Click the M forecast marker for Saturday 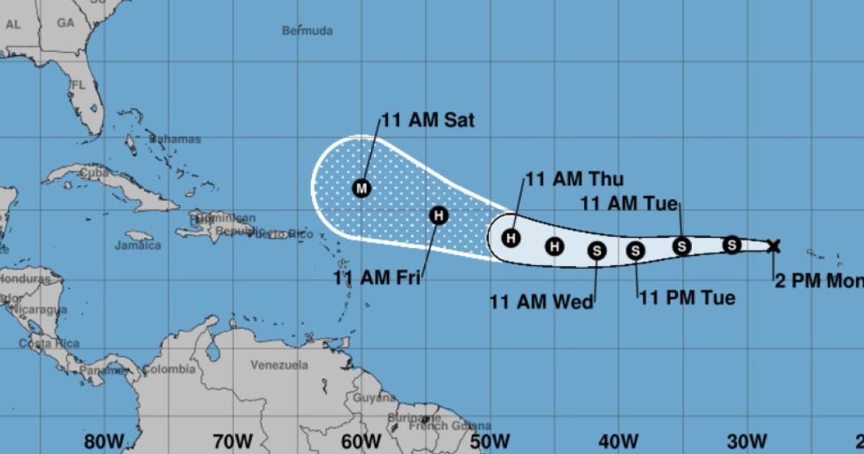(x=361, y=188)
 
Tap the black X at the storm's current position (x=773, y=246)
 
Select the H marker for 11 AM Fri (x=438, y=215)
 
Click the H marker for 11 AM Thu (x=511, y=238)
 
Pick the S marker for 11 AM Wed (x=597, y=251)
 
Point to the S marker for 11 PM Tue (x=636, y=251)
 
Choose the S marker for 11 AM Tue (x=682, y=246)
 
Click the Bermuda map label (x=307, y=30)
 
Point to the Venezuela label (x=279, y=365)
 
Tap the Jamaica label (x=138, y=245)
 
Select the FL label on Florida (x=78, y=85)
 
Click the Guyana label (x=374, y=397)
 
